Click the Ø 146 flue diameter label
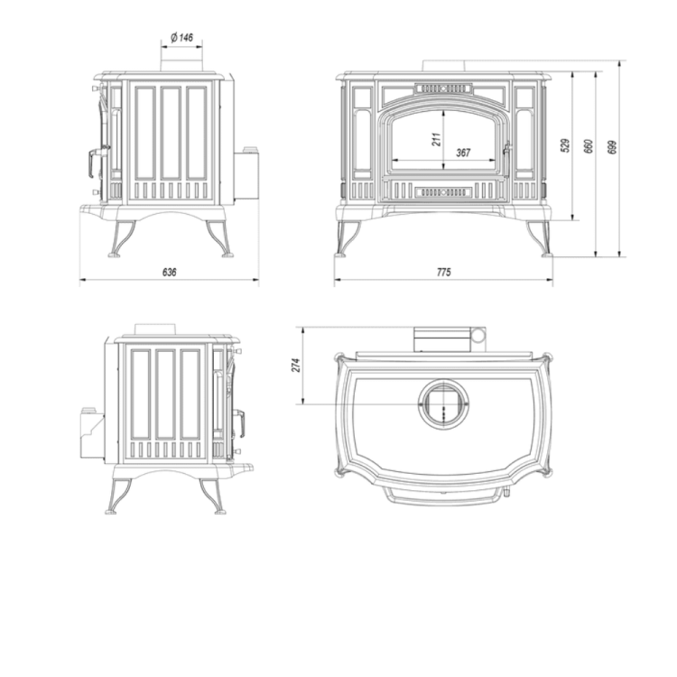point(181,37)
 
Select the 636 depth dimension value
point(169,271)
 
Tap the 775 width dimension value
point(442,271)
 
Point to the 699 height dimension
point(613,147)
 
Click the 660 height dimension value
point(589,146)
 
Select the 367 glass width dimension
point(462,153)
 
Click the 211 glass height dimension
point(435,139)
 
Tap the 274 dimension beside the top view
point(296,365)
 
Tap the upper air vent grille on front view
point(442,89)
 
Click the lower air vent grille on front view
point(442,190)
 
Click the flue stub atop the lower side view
point(154,329)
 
